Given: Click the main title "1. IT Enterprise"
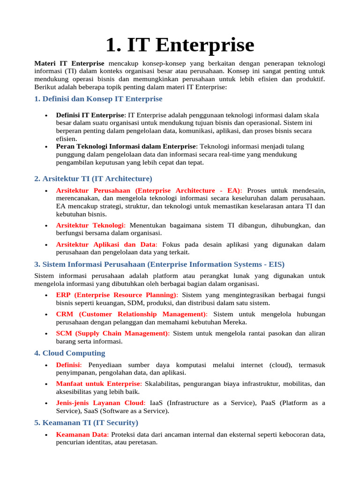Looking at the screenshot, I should click(180, 45).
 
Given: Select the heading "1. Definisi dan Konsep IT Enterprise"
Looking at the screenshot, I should click(98, 99).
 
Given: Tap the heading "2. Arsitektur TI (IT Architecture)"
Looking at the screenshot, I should click(93, 179).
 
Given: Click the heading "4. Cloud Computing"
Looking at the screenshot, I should click(70, 353).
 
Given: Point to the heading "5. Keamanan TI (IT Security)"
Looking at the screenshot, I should click(86, 423).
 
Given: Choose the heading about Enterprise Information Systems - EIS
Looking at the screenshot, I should click(159, 264).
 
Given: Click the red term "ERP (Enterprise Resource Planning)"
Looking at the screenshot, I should click(117, 295).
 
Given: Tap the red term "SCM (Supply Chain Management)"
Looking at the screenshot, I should click(113, 333).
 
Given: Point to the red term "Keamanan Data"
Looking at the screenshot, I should click(82, 435).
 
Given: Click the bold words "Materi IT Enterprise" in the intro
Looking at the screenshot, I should click(69, 63).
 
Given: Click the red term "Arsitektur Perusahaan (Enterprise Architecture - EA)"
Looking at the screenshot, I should click(149, 191).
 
